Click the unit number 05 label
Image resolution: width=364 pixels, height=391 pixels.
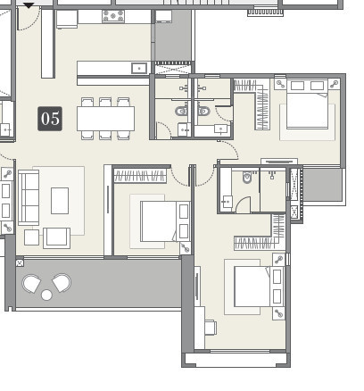point(50,119)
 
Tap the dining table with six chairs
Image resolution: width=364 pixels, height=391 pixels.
point(105,118)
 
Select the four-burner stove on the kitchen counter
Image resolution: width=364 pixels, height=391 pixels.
point(113,15)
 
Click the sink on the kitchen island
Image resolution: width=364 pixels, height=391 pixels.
point(139,68)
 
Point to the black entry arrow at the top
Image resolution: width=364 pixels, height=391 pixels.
point(29,4)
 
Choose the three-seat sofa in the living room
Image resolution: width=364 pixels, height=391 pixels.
point(29,197)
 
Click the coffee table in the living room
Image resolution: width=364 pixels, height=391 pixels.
point(60,200)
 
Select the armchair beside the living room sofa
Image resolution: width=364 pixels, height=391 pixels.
point(56,237)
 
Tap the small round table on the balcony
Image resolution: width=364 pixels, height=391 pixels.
point(46,295)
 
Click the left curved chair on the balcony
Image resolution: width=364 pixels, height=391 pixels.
point(32,284)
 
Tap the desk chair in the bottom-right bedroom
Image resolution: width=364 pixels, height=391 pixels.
point(210,328)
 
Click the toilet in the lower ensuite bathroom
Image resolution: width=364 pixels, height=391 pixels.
point(247,177)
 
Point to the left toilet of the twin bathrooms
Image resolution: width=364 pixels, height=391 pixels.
point(182,112)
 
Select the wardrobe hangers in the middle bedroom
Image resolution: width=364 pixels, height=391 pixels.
point(140,176)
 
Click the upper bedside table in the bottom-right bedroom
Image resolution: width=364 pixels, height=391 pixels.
point(277,260)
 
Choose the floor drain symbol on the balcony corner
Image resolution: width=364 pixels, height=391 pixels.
point(20,262)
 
